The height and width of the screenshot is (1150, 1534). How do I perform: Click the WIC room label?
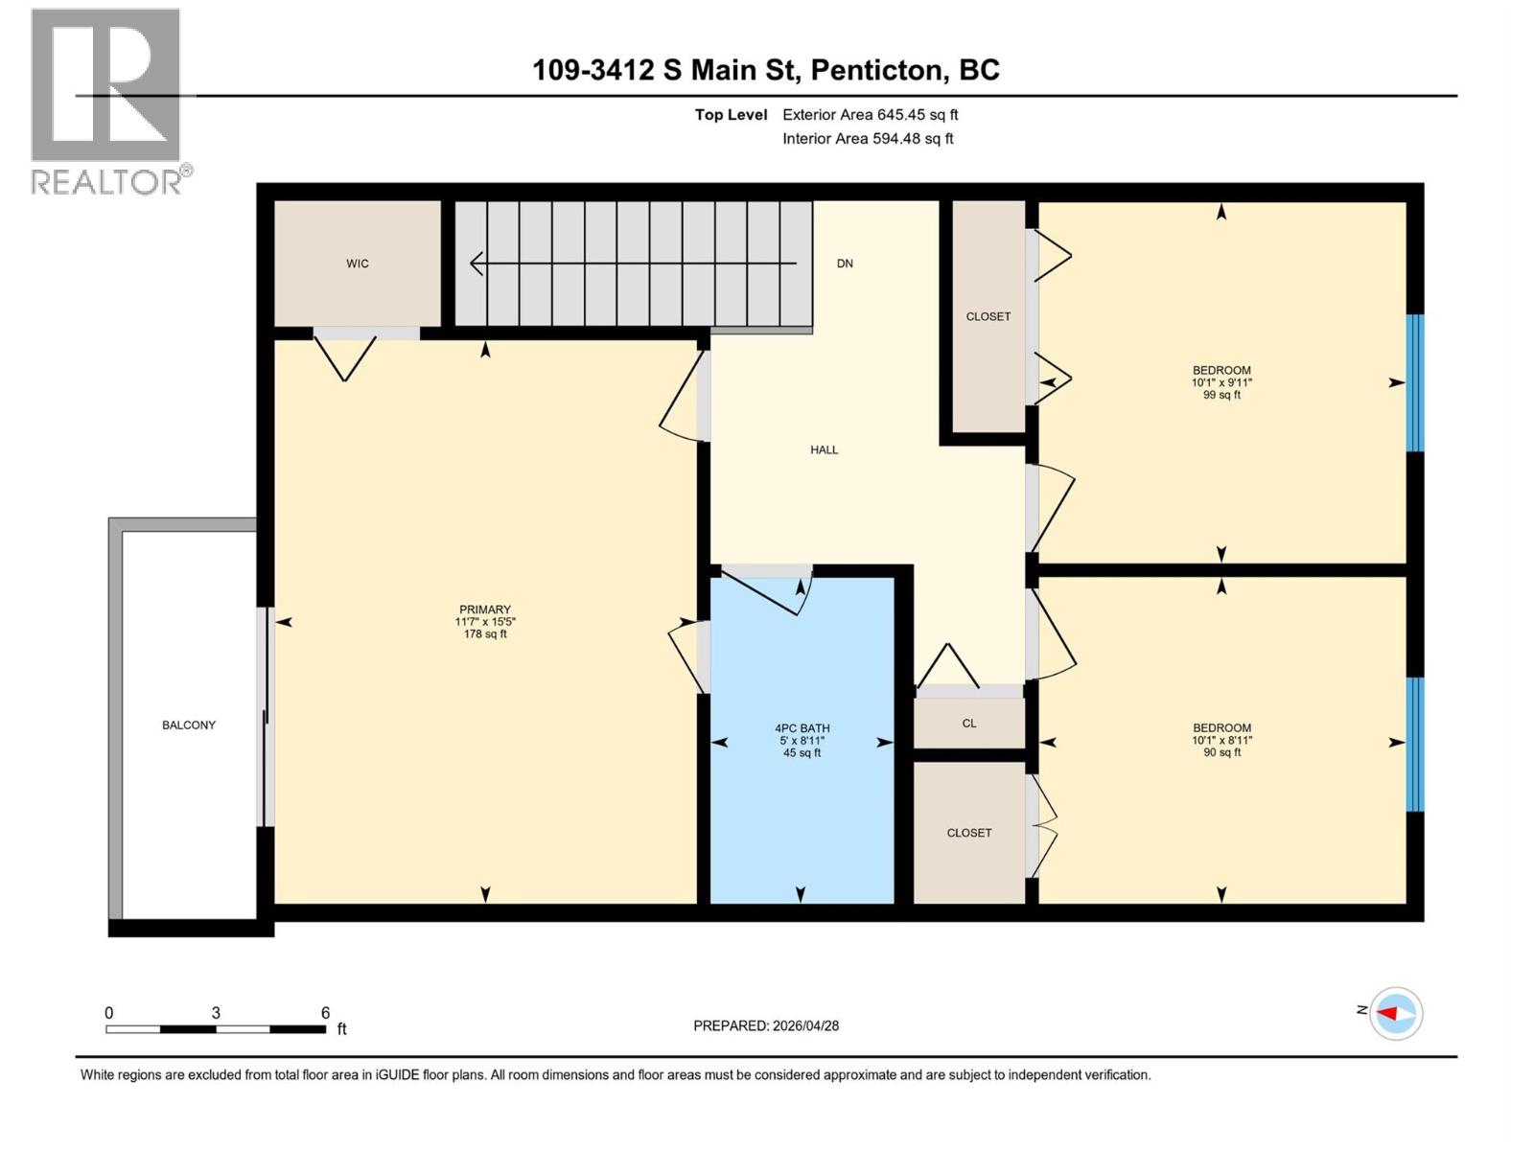click(358, 264)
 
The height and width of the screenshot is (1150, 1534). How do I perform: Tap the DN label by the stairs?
click(845, 264)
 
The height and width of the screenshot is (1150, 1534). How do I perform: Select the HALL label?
click(824, 449)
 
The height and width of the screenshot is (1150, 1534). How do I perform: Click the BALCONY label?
click(189, 725)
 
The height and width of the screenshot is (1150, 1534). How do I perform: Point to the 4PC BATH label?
click(802, 728)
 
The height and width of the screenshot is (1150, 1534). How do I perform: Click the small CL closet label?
click(969, 724)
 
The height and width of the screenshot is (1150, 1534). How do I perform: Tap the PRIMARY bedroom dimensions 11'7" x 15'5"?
click(485, 622)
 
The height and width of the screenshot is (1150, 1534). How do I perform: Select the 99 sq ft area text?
click(1221, 395)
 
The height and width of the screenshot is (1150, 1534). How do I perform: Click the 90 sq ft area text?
click(1221, 752)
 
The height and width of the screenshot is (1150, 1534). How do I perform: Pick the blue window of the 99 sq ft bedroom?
click(1414, 382)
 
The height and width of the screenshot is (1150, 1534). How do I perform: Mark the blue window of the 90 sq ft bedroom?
click(1414, 744)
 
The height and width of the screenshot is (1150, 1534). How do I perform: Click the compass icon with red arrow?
click(1395, 1013)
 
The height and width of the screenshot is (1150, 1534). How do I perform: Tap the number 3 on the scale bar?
click(216, 1013)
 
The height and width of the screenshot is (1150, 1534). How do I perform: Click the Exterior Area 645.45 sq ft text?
click(870, 115)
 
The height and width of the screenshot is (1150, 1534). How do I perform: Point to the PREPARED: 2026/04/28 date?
click(766, 1025)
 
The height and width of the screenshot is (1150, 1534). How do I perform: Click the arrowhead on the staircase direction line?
click(476, 263)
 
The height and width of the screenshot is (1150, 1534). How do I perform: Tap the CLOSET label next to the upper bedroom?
click(988, 316)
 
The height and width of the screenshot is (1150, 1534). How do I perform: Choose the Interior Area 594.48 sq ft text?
click(868, 139)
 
